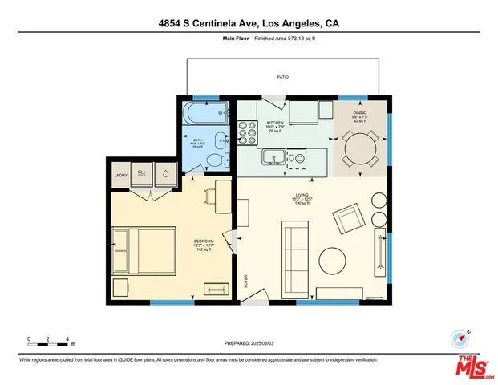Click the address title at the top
[249, 23]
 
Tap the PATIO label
[283, 77]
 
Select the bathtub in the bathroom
[206, 111]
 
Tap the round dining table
[359, 148]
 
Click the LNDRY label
[121, 174]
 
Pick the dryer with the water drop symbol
[164, 173]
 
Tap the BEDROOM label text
[204, 241]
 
